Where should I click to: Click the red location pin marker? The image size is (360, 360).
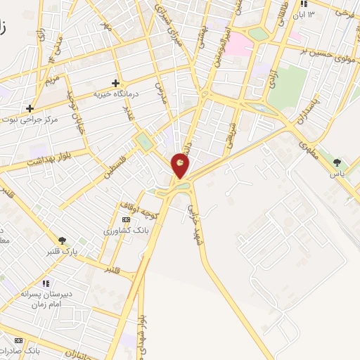[x=181, y=165]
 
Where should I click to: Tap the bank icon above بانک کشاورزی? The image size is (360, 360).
[x=126, y=220]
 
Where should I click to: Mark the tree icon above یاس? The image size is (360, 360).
[x=337, y=162]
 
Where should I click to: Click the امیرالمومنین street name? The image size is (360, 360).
[x=221, y=40]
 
